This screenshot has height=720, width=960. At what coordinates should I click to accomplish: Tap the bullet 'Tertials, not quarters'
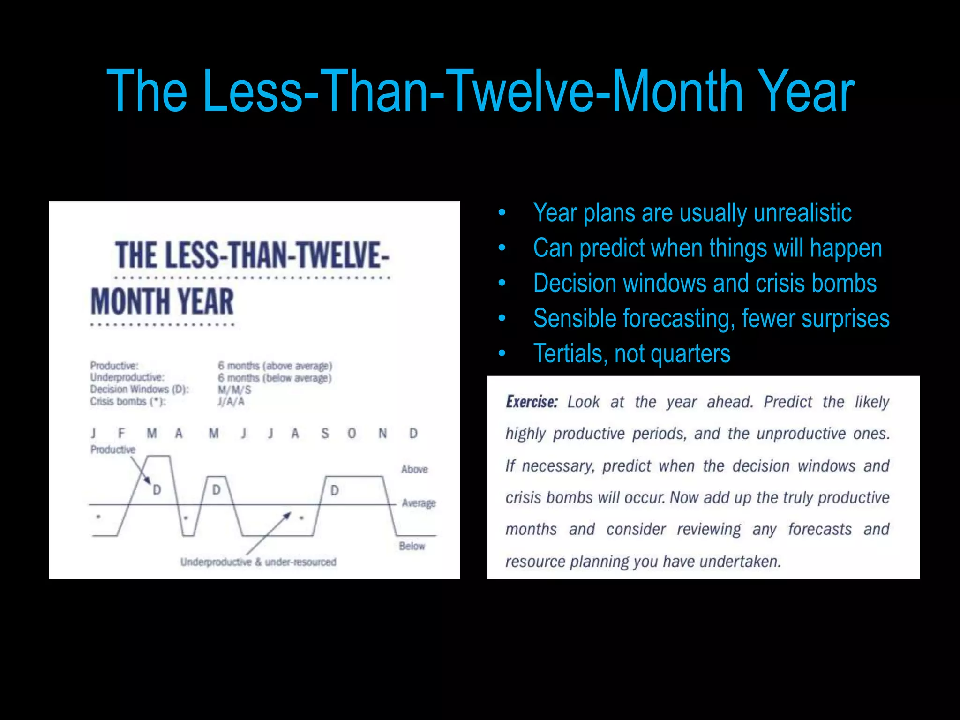[x=631, y=353]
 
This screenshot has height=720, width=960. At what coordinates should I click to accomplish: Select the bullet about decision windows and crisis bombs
[x=705, y=283]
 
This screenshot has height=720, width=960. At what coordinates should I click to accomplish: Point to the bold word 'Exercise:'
[x=532, y=402]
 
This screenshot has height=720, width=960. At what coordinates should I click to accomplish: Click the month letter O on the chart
[x=352, y=433]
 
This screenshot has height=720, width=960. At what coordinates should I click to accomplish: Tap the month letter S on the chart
[x=325, y=433]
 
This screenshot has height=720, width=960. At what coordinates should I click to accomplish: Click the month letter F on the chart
[x=122, y=433]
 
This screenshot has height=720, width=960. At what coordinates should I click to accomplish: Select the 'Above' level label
[x=414, y=469]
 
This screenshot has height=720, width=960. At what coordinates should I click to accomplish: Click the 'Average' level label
[x=419, y=503]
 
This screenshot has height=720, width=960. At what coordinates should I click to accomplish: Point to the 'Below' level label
[x=412, y=546]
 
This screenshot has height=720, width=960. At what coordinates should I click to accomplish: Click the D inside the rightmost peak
[x=335, y=491]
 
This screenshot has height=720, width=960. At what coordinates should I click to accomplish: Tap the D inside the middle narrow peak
[x=216, y=490]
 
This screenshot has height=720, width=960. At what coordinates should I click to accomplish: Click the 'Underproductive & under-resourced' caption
[x=258, y=562]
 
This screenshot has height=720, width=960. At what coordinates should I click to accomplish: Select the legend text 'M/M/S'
[x=234, y=390]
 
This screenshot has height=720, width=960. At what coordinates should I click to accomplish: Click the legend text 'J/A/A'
[x=231, y=402]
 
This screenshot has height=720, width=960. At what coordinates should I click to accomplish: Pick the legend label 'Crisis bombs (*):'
[x=128, y=402]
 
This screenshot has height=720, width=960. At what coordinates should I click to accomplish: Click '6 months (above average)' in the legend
[x=275, y=366]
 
